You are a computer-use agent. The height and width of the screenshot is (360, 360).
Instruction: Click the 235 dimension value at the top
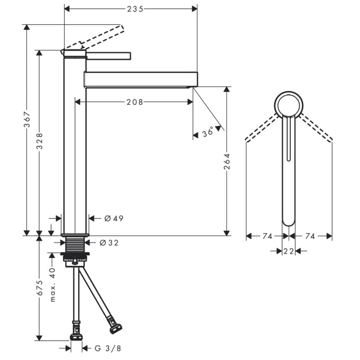135,9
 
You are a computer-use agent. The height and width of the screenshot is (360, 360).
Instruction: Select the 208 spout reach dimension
135,102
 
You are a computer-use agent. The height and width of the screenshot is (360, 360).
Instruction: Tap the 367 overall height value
27,119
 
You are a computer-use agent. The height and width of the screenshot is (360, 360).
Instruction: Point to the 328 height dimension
39,141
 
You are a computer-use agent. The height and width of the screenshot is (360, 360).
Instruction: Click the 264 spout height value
227,161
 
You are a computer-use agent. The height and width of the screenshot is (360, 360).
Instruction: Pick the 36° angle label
208,133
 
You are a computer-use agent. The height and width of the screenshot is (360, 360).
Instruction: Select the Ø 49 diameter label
114,218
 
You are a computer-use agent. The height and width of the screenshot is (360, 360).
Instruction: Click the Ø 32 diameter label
109,243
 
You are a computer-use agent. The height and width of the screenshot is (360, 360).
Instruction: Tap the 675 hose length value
39,288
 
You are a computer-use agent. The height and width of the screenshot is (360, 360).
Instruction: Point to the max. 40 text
52,285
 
